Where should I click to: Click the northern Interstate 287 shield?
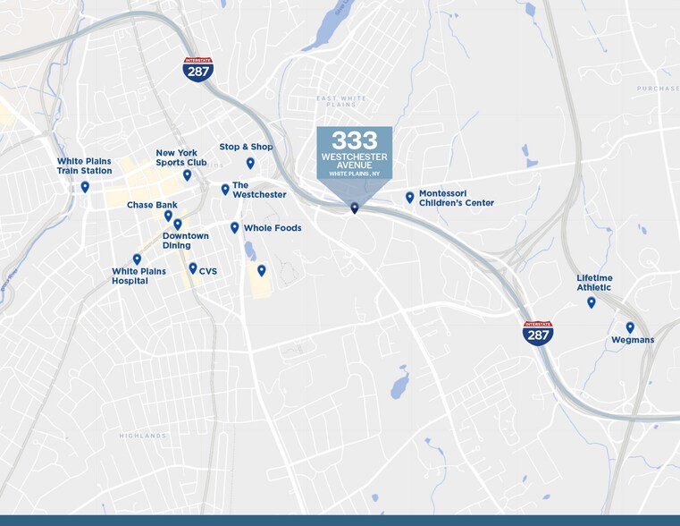point(197,70)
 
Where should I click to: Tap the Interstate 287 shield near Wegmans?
point(537,334)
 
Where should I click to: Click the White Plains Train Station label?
point(85,166)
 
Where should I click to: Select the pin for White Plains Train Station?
point(85,187)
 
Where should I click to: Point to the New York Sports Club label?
point(180,157)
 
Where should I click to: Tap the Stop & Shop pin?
point(250,163)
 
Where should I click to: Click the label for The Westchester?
point(259,190)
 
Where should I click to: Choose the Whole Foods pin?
point(234,227)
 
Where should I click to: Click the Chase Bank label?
point(152,205)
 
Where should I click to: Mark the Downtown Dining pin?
point(177,224)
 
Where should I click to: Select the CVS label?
point(207,271)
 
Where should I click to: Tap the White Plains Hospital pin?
point(137,259)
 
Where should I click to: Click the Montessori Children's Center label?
point(456,198)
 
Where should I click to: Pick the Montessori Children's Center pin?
point(409,197)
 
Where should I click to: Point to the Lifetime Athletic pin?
point(591,302)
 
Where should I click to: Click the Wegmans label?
point(633,340)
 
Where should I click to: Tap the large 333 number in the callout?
point(355,140)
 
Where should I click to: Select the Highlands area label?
point(142,436)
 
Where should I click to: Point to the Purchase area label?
point(658,89)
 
